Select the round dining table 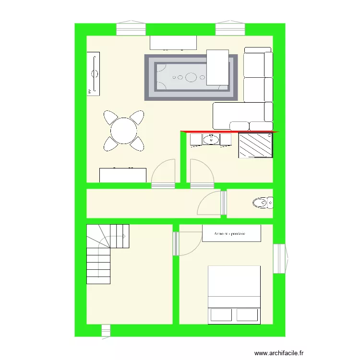pos(123,130)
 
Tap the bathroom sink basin pos(211,140)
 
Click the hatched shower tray pos(256,145)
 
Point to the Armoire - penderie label pos(231,233)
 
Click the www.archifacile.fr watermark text pos(279,352)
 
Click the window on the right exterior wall pos(280,259)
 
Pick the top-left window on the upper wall pos(131,29)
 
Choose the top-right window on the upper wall pos(230,29)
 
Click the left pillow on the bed pos(220,315)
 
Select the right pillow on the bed pos(247,315)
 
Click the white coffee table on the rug pos(217,67)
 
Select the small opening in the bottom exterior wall pos(106,330)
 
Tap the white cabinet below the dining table pos(123,175)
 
